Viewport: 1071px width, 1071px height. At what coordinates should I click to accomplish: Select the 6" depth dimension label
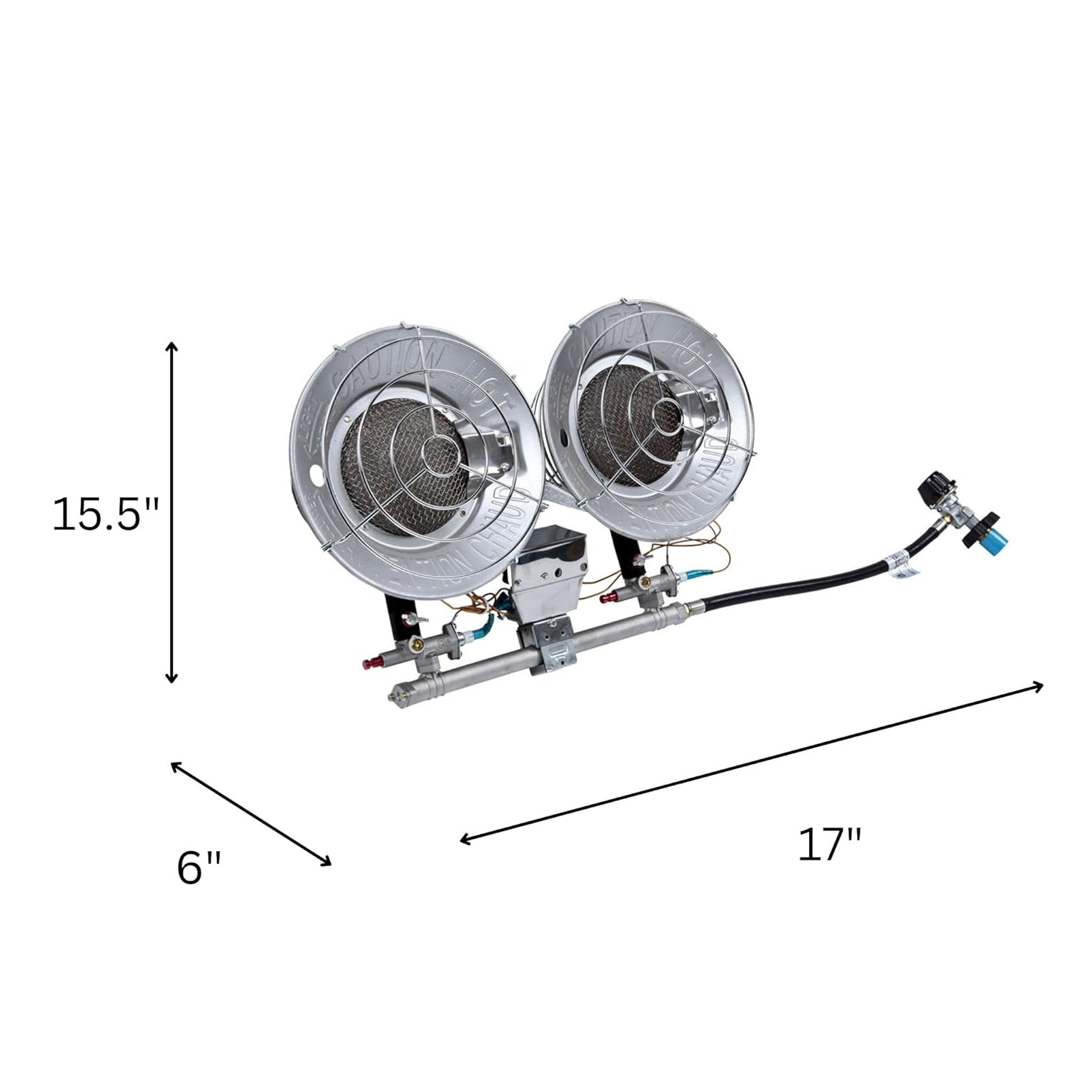pos(199,868)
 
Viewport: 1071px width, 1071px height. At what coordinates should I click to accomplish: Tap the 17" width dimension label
pos(830,845)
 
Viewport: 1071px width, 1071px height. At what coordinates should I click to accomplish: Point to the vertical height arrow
pos(171,513)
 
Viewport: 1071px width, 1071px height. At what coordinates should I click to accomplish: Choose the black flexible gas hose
pos(785,583)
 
